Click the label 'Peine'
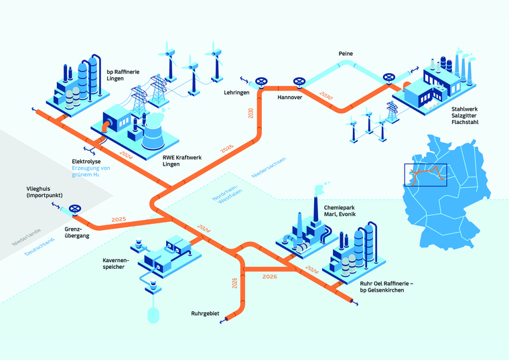click(346, 54)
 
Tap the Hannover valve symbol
click(296, 84)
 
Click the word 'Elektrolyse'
click(87, 162)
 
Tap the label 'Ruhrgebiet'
click(205, 312)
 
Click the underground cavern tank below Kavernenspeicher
click(153, 313)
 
